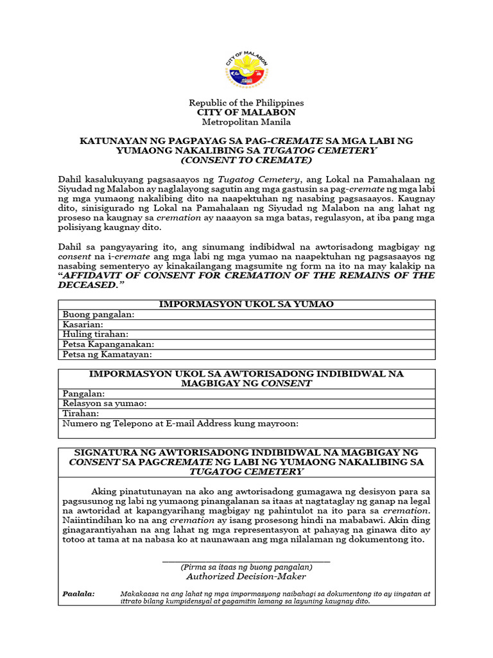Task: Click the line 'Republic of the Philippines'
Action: coord(246,103)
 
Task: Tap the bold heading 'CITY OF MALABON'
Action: coord(246,112)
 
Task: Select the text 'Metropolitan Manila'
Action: coord(246,122)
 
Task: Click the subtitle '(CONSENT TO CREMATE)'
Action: coord(246,159)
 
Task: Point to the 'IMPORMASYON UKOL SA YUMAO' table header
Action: coord(246,304)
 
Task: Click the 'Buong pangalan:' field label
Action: coord(98,314)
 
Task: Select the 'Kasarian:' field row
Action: coord(83,325)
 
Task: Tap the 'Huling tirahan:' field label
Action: coord(95,334)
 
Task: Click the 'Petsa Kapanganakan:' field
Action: coord(108,344)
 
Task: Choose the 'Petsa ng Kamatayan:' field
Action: coord(107,354)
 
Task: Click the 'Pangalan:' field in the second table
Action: coord(83,393)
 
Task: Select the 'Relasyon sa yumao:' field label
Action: coord(105,403)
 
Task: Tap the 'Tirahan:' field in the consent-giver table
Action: coord(81,413)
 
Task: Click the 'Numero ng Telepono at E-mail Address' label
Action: coord(180,423)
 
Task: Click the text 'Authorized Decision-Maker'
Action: coord(246,576)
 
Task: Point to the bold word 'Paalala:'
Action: coord(78,593)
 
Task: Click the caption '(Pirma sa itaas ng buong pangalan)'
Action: coord(246,567)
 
